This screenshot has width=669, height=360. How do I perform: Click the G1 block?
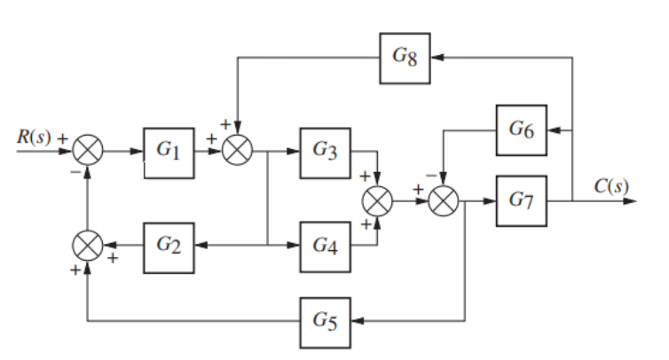click(x=169, y=152)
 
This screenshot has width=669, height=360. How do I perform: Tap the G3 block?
click(x=325, y=152)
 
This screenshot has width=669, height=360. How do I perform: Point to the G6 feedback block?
click(x=522, y=129)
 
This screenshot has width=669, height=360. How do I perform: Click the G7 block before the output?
click(x=522, y=200)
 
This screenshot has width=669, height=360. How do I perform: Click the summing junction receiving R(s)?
click(x=87, y=152)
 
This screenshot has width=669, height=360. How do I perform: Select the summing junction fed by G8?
click(x=237, y=152)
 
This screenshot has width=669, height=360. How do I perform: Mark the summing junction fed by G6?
click(x=443, y=201)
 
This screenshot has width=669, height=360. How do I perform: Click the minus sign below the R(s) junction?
click(x=76, y=170)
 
